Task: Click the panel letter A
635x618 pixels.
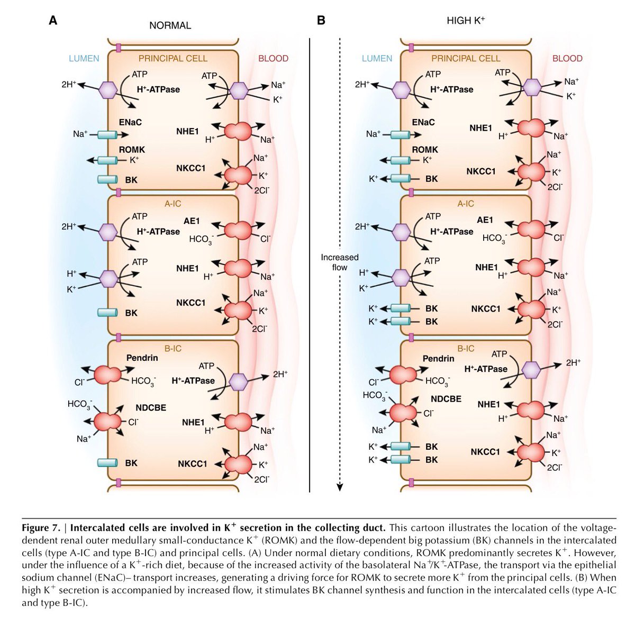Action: tap(53, 21)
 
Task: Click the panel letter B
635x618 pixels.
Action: tap(321, 21)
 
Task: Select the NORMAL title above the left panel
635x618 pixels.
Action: tap(170, 25)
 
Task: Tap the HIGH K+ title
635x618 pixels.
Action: tap(466, 21)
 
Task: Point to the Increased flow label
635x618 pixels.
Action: tap(339, 262)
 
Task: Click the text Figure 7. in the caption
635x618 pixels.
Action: tap(44, 528)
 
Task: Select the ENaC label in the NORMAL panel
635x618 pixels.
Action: tap(130, 122)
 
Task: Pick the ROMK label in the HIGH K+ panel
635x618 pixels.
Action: tap(425, 150)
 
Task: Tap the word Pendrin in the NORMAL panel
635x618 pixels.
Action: tap(142, 358)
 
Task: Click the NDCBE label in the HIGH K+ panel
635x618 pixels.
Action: tap(446, 399)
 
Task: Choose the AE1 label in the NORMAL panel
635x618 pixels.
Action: tap(191, 221)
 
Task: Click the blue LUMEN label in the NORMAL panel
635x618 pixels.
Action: tap(84, 58)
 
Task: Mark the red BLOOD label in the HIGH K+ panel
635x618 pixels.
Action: tap(567, 58)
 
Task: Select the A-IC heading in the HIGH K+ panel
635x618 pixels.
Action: tap(466, 204)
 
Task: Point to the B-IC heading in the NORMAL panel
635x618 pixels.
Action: tap(173, 349)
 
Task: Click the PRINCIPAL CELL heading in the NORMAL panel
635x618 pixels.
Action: tap(173, 58)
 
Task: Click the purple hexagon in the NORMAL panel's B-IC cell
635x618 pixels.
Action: tap(239, 381)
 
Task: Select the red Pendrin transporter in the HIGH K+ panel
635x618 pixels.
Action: tap(403, 375)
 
